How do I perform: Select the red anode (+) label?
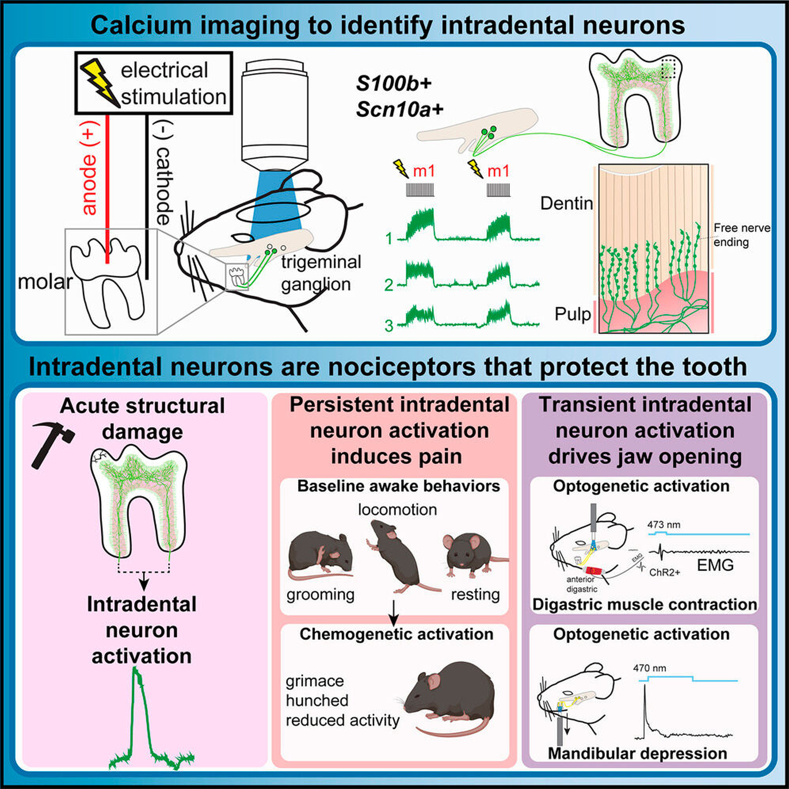pyautogui.click(x=90, y=168)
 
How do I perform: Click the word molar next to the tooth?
pyautogui.click(x=45, y=282)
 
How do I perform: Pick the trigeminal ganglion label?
pyautogui.click(x=321, y=273)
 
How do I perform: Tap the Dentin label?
pyautogui.click(x=566, y=203)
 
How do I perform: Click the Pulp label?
pyautogui.click(x=572, y=314)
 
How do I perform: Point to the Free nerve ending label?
pyautogui.click(x=741, y=235)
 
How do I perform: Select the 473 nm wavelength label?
pyautogui.click(x=664, y=524)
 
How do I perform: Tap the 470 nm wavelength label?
pyautogui.click(x=649, y=668)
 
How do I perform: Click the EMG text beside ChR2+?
pyautogui.click(x=715, y=565)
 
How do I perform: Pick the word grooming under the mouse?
pyautogui.click(x=320, y=595)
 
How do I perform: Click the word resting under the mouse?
pyautogui.click(x=475, y=595)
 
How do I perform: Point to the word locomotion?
pyautogui.click(x=397, y=510)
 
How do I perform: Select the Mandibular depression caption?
pyautogui.click(x=637, y=753)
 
